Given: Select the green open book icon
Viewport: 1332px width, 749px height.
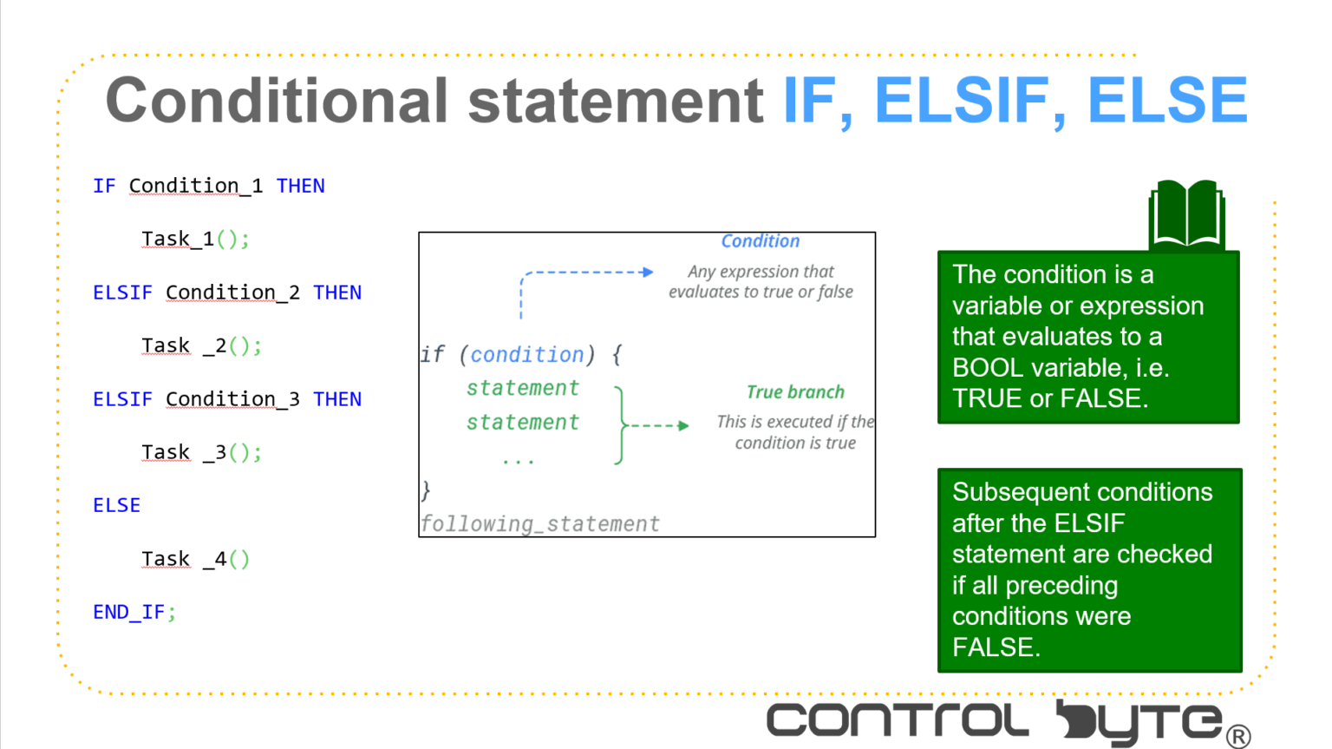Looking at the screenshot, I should point(1185,214).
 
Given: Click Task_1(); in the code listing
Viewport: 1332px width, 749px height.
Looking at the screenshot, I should point(195,239).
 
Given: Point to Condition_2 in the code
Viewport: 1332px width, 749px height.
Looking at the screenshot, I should point(232,292).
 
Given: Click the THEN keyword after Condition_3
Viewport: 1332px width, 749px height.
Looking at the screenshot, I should point(337,399).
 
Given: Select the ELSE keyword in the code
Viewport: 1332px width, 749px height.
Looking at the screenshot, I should point(116,505).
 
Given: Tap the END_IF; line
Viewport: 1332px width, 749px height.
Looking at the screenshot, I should point(134,612).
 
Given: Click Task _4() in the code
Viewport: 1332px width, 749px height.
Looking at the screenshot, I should point(195,559).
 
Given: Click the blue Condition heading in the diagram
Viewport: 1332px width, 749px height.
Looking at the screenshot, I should point(760,241).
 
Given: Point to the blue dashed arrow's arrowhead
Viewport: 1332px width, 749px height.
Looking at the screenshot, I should point(647,273).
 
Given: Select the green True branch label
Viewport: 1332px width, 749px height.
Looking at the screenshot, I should point(794,392).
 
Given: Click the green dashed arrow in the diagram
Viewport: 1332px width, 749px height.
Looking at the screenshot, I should point(659,425).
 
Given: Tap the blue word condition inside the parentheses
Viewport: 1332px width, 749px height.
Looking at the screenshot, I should point(527,354).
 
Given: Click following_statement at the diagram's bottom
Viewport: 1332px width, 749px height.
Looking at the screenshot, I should point(539,523).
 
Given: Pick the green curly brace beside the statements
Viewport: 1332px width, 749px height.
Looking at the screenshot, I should point(619,425).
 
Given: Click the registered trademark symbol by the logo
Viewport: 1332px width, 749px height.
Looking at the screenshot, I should point(1238,737).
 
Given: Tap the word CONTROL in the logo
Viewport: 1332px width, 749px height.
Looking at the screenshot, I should point(898,721).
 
